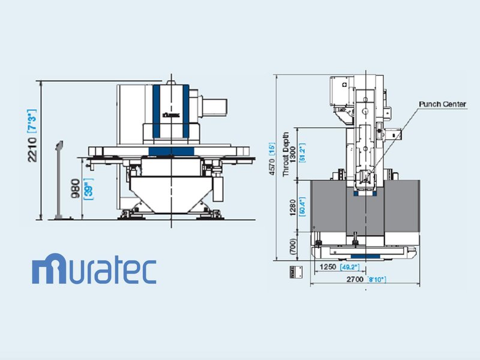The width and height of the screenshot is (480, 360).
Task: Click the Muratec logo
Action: point(94,270)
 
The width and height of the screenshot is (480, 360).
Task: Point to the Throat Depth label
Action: point(286,154)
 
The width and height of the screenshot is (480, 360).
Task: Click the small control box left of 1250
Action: point(295,270)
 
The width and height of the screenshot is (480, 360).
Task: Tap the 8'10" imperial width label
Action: point(376,279)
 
